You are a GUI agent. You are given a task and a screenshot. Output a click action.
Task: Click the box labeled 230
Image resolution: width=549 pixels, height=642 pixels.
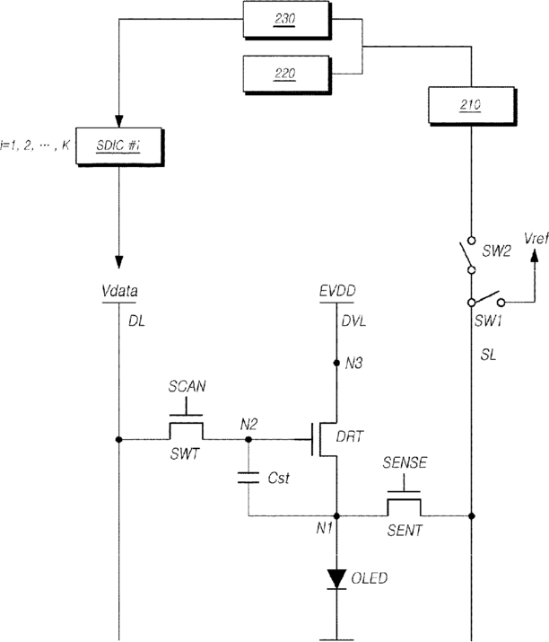[x=287, y=20]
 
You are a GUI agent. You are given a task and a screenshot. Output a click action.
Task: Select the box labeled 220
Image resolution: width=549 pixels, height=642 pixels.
[x=287, y=75]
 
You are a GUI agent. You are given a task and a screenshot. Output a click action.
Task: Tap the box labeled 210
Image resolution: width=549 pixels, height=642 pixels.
[x=472, y=106]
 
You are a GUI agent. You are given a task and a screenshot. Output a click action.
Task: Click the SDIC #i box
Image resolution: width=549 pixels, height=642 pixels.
[x=119, y=146]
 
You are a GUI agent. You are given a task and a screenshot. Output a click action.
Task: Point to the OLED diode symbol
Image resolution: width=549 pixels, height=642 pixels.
[x=336, y=578]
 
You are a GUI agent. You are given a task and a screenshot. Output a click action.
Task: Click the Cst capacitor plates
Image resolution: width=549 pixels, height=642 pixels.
[x=248, y=478]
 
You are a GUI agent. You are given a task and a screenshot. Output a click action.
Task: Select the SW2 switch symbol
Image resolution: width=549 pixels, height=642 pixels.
[x=468, y=255]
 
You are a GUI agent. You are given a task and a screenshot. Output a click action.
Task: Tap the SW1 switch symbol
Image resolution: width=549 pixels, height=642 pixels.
[x=486, y=300]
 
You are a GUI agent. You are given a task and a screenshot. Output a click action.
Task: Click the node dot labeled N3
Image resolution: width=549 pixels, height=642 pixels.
[x=336, y=363]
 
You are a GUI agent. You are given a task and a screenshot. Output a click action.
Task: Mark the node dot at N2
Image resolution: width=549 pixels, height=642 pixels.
[x=248, y=439]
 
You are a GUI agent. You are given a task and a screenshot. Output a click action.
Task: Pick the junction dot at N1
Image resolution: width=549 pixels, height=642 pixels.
[x=336, y=516]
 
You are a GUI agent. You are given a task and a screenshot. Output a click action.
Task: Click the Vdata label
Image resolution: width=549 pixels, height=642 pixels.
[x=119, y=291]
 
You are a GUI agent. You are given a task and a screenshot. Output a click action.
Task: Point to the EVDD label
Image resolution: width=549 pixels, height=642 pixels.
[x=337, y=291]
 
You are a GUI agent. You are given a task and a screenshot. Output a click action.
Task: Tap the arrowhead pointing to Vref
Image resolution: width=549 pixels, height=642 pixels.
[x=534, y=255]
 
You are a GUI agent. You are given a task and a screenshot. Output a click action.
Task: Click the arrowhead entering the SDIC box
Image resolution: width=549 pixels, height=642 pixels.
[x=118, y=121]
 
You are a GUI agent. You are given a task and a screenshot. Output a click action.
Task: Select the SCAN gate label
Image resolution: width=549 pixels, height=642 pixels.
[x=187, y=386]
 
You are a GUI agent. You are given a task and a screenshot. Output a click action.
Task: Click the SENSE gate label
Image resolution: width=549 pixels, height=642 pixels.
[x=405, y=462]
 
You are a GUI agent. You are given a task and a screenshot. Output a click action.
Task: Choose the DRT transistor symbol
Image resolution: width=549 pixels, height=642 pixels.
[x=323, y=439]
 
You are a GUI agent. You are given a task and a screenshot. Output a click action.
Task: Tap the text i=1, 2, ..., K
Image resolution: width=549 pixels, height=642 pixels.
[x=35, y=145]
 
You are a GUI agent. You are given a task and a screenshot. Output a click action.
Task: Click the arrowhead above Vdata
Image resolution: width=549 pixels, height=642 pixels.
[x=118, y=262]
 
